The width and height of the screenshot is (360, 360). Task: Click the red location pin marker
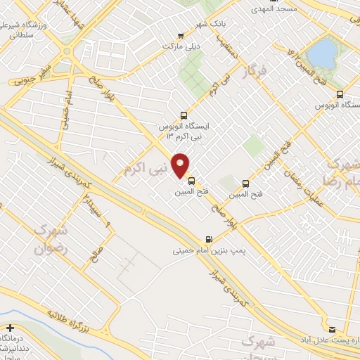point(181,165)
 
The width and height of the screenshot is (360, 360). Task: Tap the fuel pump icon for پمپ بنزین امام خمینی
point(208,239)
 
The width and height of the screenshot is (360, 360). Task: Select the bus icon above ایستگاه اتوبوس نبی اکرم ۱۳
point(184,115)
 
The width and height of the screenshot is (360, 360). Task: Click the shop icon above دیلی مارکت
point(181,36)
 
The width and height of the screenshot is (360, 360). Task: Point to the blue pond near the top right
point(323,51)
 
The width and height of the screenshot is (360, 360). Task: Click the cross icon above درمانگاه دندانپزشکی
point(11,328)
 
